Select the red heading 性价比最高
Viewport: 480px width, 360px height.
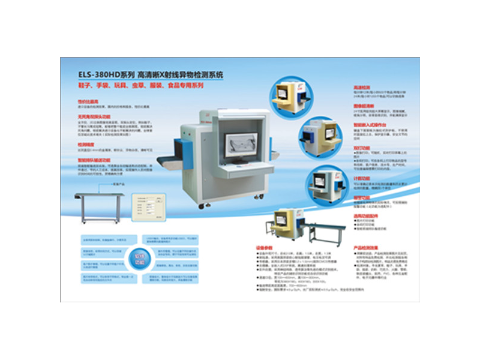click(87, 102)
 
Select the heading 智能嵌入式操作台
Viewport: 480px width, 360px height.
click(368, 125)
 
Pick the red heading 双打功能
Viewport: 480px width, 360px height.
click(361, 145)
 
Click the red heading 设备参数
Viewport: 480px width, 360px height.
click(263, 247)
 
